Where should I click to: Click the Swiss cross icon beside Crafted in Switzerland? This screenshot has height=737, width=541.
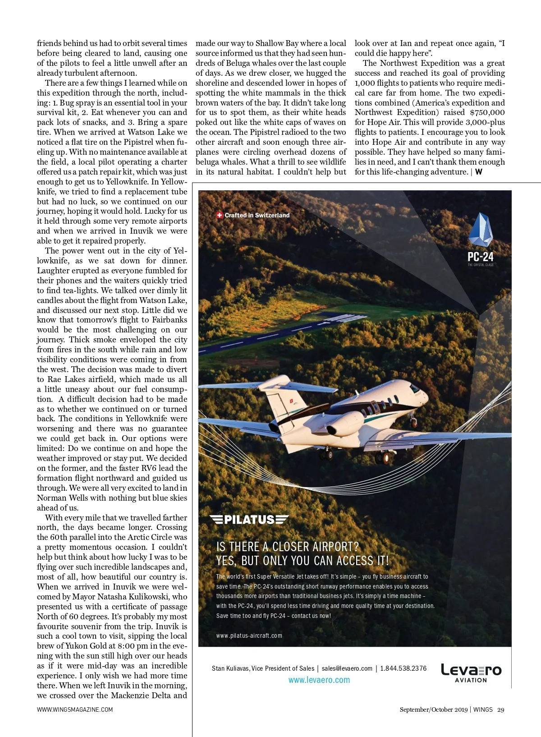[220, 215]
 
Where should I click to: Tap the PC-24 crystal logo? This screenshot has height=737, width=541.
[480, 230]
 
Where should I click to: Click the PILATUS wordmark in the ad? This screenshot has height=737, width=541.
[249, 520]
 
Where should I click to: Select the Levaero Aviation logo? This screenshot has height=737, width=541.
[471, 673]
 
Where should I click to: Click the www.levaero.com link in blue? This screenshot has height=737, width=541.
[319, 680]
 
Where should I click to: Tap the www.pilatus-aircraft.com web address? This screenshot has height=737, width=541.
[249, 636]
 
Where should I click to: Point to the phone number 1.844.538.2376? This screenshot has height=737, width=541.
[403, 668]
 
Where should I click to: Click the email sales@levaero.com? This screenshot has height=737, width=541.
[347, 668]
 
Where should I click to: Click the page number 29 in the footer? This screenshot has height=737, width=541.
[501, 709]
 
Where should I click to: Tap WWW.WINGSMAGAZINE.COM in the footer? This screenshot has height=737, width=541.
[75, 709]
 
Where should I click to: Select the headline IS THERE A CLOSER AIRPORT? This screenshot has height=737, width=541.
[288, 547]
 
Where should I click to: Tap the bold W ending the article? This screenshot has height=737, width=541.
[479, 172]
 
